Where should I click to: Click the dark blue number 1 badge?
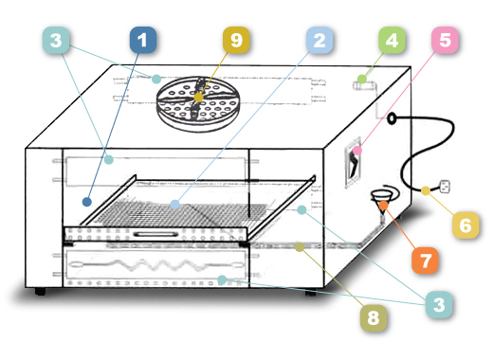point(143,40)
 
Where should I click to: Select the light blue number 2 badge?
point(320,40)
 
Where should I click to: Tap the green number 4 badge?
point(392,40)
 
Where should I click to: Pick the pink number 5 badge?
point(445,40)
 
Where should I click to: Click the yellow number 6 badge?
point(466,225)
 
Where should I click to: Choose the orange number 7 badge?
point(425,261)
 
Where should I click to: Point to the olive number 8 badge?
point(374,317)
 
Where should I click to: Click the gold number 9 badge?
point(236,40)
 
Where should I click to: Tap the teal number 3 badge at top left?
point(56,40)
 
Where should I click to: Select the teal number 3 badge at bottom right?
point(439,304)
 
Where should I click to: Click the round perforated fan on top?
point(198,102)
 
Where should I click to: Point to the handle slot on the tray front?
point(155,234)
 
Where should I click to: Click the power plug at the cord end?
point(445,187)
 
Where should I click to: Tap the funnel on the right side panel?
point(383,202)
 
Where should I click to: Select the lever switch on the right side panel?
point(353,164)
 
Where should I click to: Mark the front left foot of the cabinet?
point(40,291)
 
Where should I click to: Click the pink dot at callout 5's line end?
point(357,151)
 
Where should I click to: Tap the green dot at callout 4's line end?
point(362,79)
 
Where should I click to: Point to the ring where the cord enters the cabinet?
point(392,118)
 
